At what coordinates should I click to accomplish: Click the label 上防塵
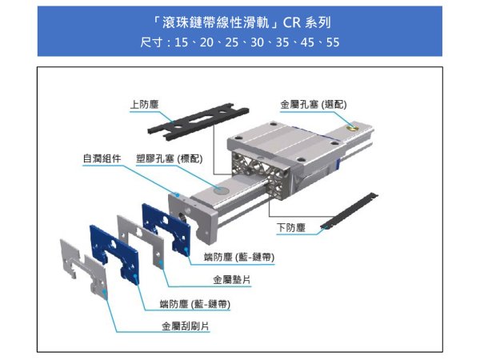coord(146,104)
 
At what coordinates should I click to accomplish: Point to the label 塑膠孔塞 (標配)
coord(168,158)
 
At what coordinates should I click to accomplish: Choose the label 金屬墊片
coord(230,280)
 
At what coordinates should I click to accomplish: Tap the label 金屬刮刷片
coord(186,326)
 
